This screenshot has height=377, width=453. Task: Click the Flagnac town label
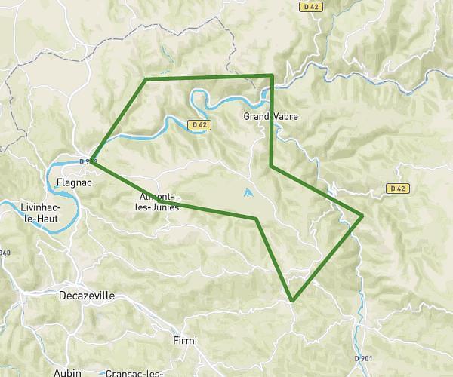click(x=74, y=182)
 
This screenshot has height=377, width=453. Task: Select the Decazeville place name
click(x=87, y=296)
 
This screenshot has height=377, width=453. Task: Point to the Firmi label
click(x=184, y=341)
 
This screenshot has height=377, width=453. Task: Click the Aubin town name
click(x=67, y=372)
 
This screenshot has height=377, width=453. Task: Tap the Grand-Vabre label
click(x=271, y=117)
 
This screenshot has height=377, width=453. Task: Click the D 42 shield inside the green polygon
click(x=199, y=124)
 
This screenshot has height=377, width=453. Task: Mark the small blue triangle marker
click(x=248, y=193)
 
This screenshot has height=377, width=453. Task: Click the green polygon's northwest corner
click(x=146, y=78)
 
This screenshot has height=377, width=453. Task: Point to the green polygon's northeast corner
click(x=272, y=75)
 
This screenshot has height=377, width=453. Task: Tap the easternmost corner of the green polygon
click(x=363, y=216)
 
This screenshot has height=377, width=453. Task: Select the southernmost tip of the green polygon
click(x=292, y=300)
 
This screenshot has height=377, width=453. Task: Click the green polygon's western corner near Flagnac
click(x=91, y=160)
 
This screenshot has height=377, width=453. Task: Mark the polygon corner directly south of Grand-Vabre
click(x=271, y=166)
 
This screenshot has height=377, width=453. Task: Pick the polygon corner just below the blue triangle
click(x=257, y=219)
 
